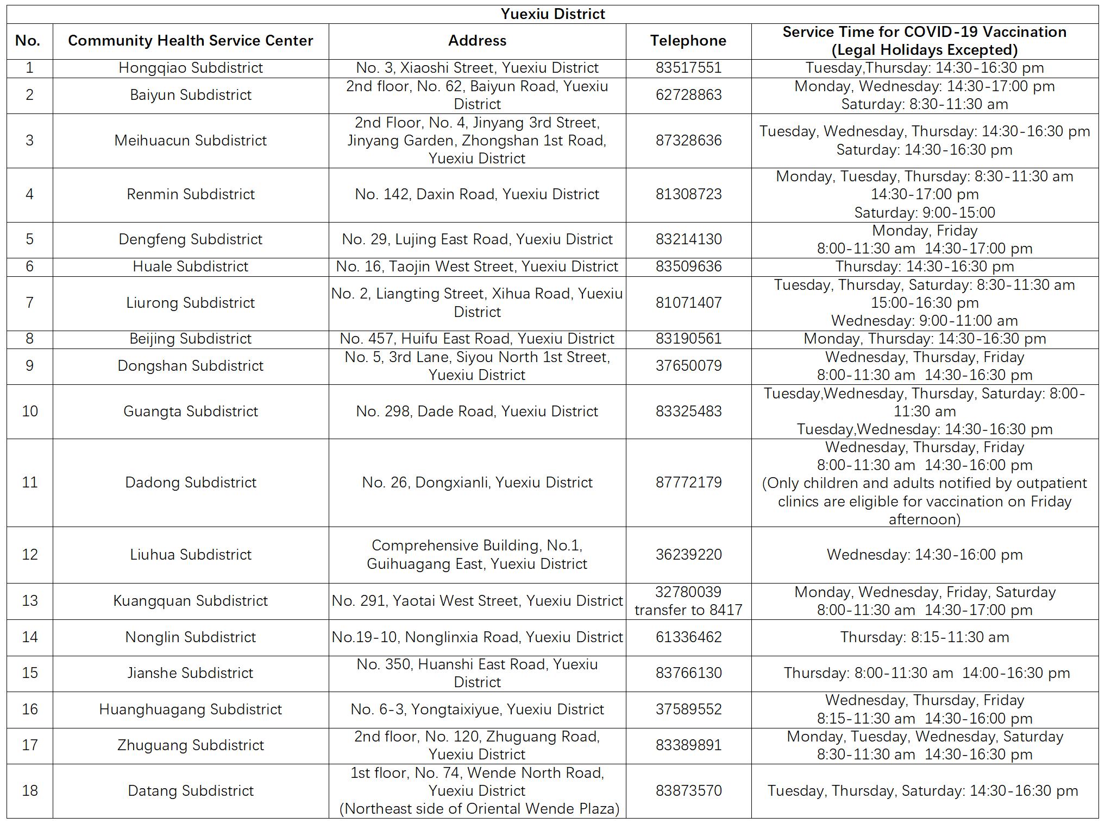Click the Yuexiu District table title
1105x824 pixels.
(x=552, y=14)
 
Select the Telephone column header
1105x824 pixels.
(x=688, y=41)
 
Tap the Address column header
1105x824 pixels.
(x=477, y=41)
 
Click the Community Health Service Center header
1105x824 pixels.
(x=190, y=41)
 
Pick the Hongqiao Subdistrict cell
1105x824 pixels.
(x=190, y=68)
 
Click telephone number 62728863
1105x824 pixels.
(x=688, y=95)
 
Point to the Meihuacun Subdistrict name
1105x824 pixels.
(x=190, y=141)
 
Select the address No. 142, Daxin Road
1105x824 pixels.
(x=477, y=194)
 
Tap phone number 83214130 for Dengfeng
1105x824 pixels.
(x=688, y=239)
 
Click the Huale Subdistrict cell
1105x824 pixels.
(x=190, y=267)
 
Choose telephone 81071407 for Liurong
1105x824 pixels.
(x=688, y=303)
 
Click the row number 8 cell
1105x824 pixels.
(x=30, y=339)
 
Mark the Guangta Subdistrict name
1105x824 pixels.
(x=190, y=411)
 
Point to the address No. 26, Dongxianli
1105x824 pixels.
(x=477, y=483)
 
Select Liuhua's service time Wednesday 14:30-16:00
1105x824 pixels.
(x=924, y=555)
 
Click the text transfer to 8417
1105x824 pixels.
(x=688, y=610)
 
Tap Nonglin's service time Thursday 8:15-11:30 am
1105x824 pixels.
(x=924, y=637)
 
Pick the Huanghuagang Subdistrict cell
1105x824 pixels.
(x=190, y=709)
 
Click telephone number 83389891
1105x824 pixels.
(x=688, y=745)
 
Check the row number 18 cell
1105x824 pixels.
(x=30, y=791)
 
